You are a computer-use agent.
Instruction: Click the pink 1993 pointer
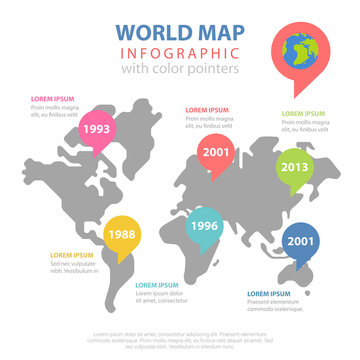[97, 129]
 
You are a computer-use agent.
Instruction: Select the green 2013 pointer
[295, 166]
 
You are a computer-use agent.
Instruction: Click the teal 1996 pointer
[206, 226]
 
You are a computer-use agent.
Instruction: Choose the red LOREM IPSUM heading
[206, 109]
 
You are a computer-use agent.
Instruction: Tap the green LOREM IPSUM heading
[303, 115]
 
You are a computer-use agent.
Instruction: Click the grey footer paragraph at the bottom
[180, 339]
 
